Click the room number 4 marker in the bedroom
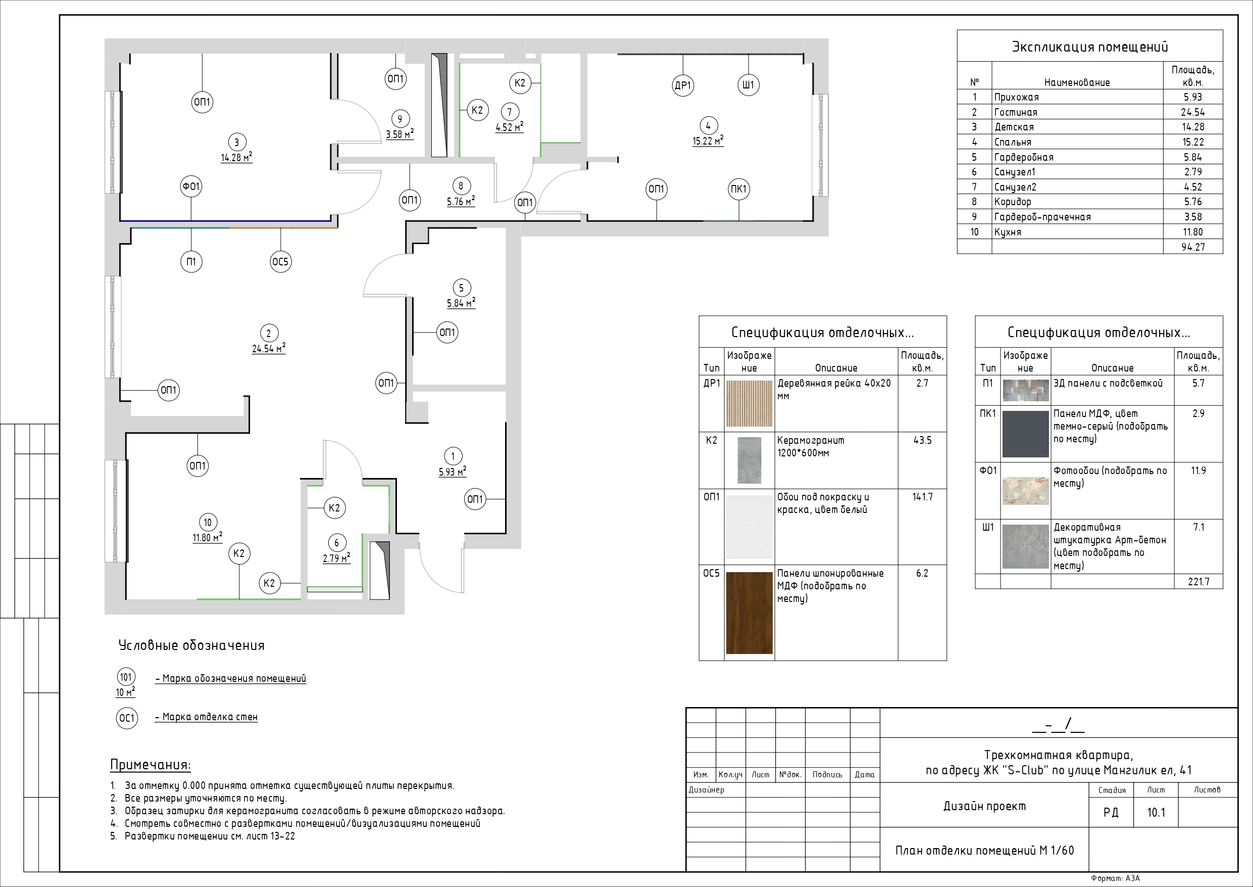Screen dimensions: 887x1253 pos(708,126)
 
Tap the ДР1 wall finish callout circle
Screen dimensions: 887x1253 pos(683,85)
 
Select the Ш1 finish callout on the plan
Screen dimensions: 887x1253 pos(748,85)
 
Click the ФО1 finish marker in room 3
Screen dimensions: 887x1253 pos(191,187)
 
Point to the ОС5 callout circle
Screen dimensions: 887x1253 pos(280,262)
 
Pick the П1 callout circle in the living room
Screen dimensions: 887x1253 pos(191,262)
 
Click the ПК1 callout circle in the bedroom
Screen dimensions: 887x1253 pos(738,190)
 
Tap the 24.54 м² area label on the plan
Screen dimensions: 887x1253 pos(269,348)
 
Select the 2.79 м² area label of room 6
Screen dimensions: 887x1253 pos(336,558)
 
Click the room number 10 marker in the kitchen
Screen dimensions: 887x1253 pos(208,523)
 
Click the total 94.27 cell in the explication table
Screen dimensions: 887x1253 pos(1192,247)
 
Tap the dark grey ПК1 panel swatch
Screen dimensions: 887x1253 pos(1025,434)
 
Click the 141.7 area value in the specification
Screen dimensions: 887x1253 pos(922,497)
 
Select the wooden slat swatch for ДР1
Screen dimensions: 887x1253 pos(749,403)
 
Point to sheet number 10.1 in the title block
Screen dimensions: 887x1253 pos(1156,813)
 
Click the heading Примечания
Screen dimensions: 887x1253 pos(151,765)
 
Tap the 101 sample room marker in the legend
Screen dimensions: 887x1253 pos(126,677)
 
